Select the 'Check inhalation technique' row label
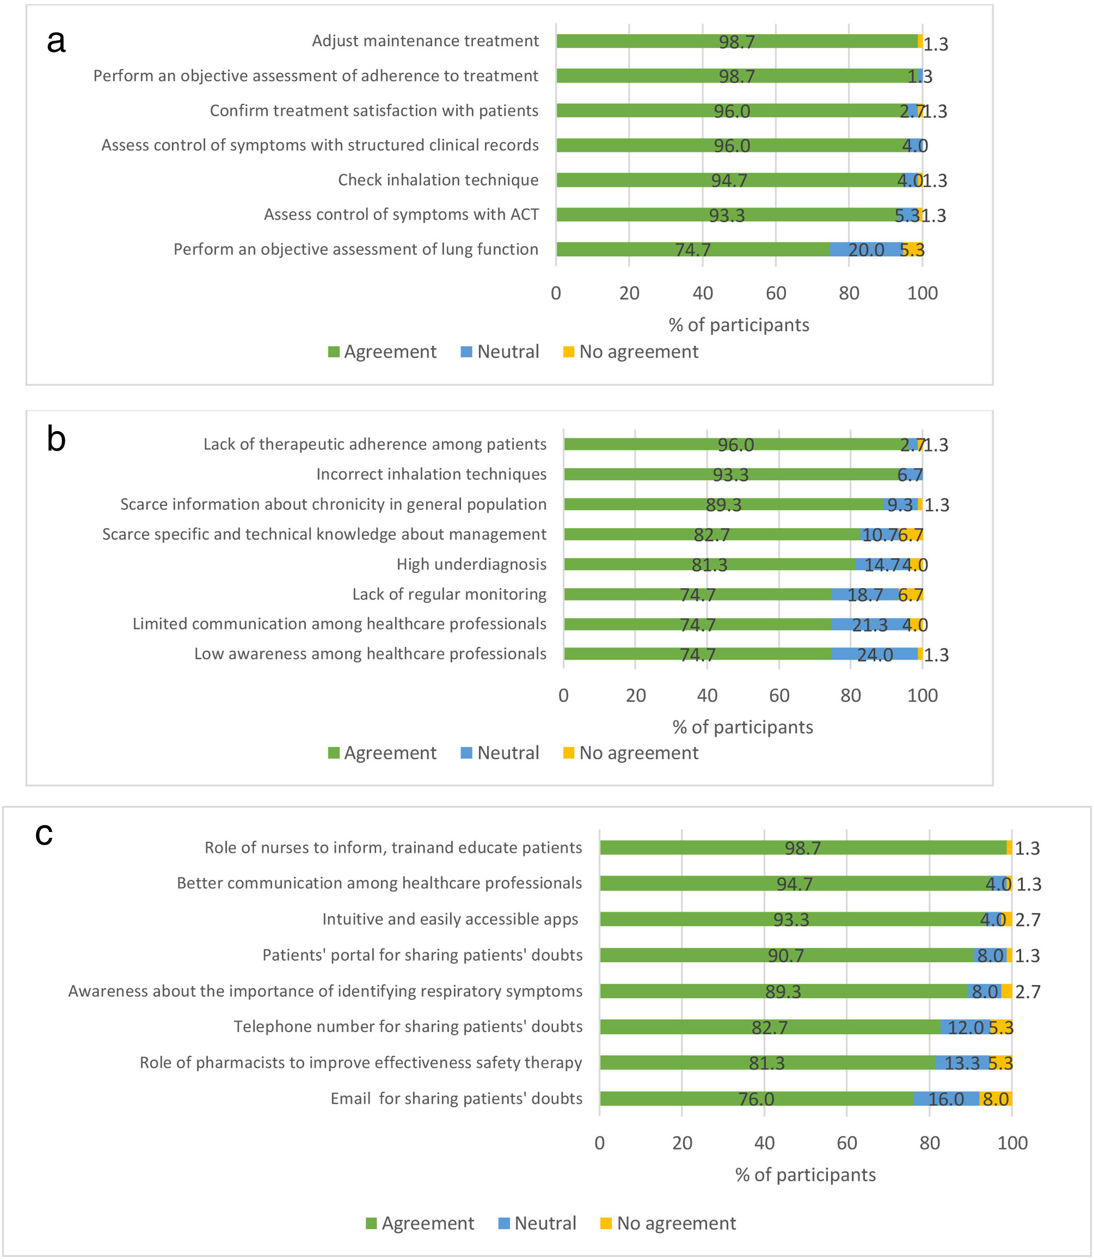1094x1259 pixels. coord(438,180)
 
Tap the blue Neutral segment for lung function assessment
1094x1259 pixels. coord(866,249)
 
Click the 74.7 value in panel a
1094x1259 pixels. coord(692,250)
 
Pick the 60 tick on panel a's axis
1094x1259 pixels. coord(775,294)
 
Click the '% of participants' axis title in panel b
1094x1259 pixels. coord(742,727)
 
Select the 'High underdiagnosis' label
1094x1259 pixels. coord(471,564)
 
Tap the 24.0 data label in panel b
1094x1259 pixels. coord(874,655)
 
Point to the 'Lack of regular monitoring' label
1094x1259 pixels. coord(449,594)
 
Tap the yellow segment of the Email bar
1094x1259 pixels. coord(995,1099)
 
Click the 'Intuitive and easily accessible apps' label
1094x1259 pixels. coord(450,919)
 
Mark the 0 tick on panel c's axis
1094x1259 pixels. coord(600,1143)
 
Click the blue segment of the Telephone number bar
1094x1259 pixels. coord(965,1027)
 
